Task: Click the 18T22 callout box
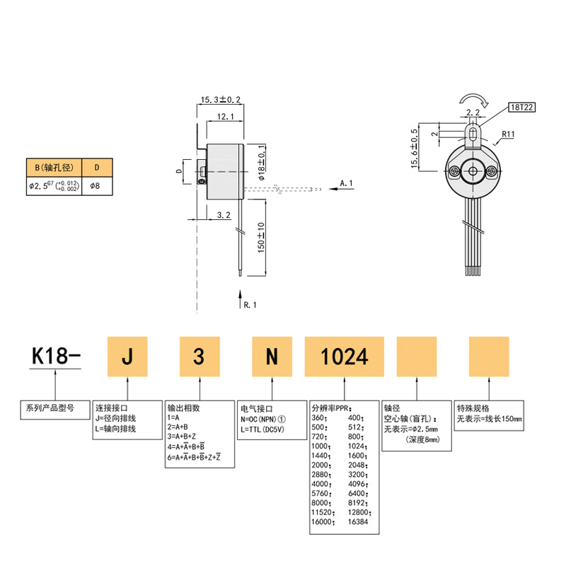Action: tap(521, 108)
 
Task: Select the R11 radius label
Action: tap(508, 134)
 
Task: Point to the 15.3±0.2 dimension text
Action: tap(221, 99)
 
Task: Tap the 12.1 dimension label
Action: tap(226, 117)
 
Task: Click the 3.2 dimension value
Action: tap(224, 215)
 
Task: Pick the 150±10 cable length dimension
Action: tap(261, 238)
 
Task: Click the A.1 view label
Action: tap(346, 183)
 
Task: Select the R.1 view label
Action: tap(250, 305)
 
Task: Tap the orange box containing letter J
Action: tap(127, 357)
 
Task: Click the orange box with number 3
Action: tap(200, 357)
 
